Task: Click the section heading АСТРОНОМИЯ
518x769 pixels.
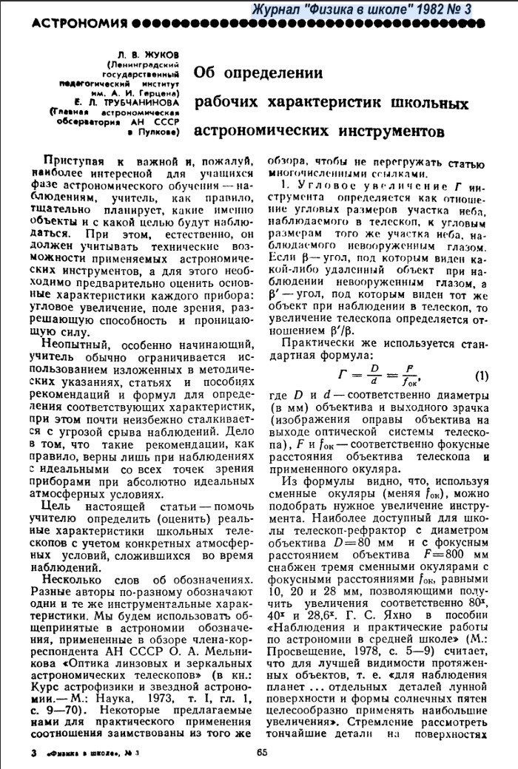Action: pyautogui.click(x=67, y=24)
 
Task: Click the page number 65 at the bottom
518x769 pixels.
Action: pyautogui.click(x=260, y=753)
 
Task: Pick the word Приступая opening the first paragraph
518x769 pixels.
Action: pyautogui.click(x=75, y=161)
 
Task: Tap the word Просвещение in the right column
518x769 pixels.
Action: pyautogui.click(x=303, y=634)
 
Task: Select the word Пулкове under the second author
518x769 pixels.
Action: pyautogui.click(x=160, y=132)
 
